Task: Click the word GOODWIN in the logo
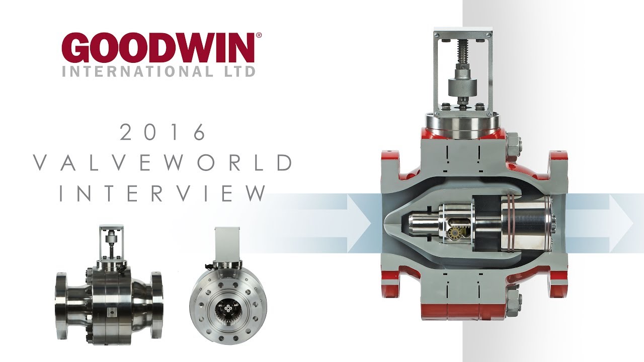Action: point(158,49)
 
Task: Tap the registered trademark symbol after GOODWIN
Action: point(259,36)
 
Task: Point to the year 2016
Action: point(163,133)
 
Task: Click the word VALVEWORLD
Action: point(163,163)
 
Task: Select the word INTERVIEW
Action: point(163,194)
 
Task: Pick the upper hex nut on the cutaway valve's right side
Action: point(513,143)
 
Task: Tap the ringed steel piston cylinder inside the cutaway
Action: point(523,222)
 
